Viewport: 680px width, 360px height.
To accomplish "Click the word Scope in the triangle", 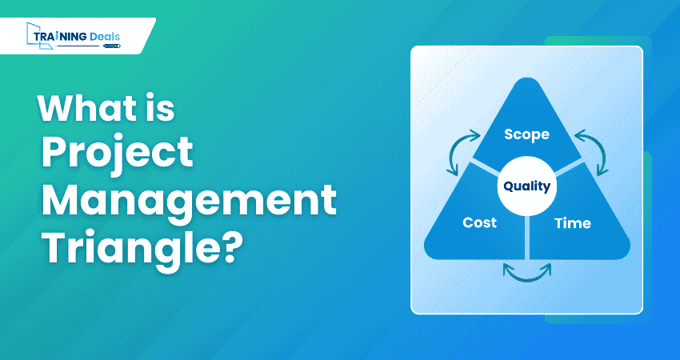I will click(526, 134).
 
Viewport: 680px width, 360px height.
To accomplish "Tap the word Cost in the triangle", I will click(480, 222).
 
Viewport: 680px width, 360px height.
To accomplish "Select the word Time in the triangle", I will click(572, 222).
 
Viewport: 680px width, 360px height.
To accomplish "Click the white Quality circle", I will click(526, 186).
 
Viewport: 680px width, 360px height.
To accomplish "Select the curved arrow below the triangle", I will click(526, 272).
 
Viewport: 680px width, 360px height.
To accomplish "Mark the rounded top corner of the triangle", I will click(526, 84).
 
